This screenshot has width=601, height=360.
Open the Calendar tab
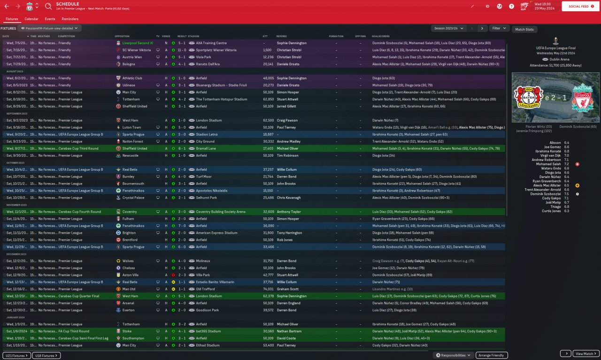pos(31,19)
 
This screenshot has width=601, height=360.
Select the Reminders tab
pos(70,19)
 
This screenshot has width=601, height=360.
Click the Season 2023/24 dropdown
pos(450,28)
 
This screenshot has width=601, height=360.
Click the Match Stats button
pos(524,30)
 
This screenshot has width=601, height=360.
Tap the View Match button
pos(586,353)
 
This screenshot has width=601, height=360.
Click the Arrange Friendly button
pos(491,355)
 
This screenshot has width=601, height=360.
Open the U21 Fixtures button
pos(17,355)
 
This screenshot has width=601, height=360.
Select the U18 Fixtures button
pos(46,355)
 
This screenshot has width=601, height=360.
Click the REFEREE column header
pos(282,36)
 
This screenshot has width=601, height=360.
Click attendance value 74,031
pos(268,289)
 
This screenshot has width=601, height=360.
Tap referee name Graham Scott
pos(287,289)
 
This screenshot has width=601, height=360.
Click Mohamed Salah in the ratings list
pos(548,164)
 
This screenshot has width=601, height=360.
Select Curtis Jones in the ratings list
pos(552,211)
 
